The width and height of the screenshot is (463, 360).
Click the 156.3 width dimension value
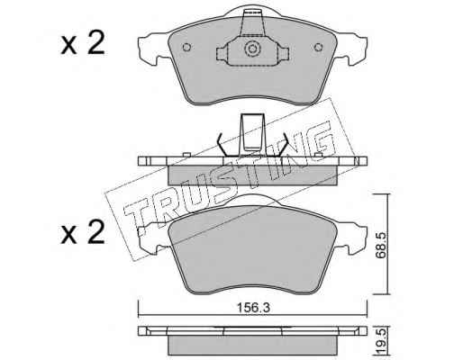point(253,307)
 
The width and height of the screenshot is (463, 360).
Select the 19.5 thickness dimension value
point(380,342)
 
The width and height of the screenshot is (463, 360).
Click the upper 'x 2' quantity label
point(83,43)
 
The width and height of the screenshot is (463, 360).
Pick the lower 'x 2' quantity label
point(83,232)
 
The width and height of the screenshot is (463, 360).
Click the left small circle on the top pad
point(186,47)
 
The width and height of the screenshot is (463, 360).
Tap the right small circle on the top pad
point(318,47)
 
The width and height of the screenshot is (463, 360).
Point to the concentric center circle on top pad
point(251,49)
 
